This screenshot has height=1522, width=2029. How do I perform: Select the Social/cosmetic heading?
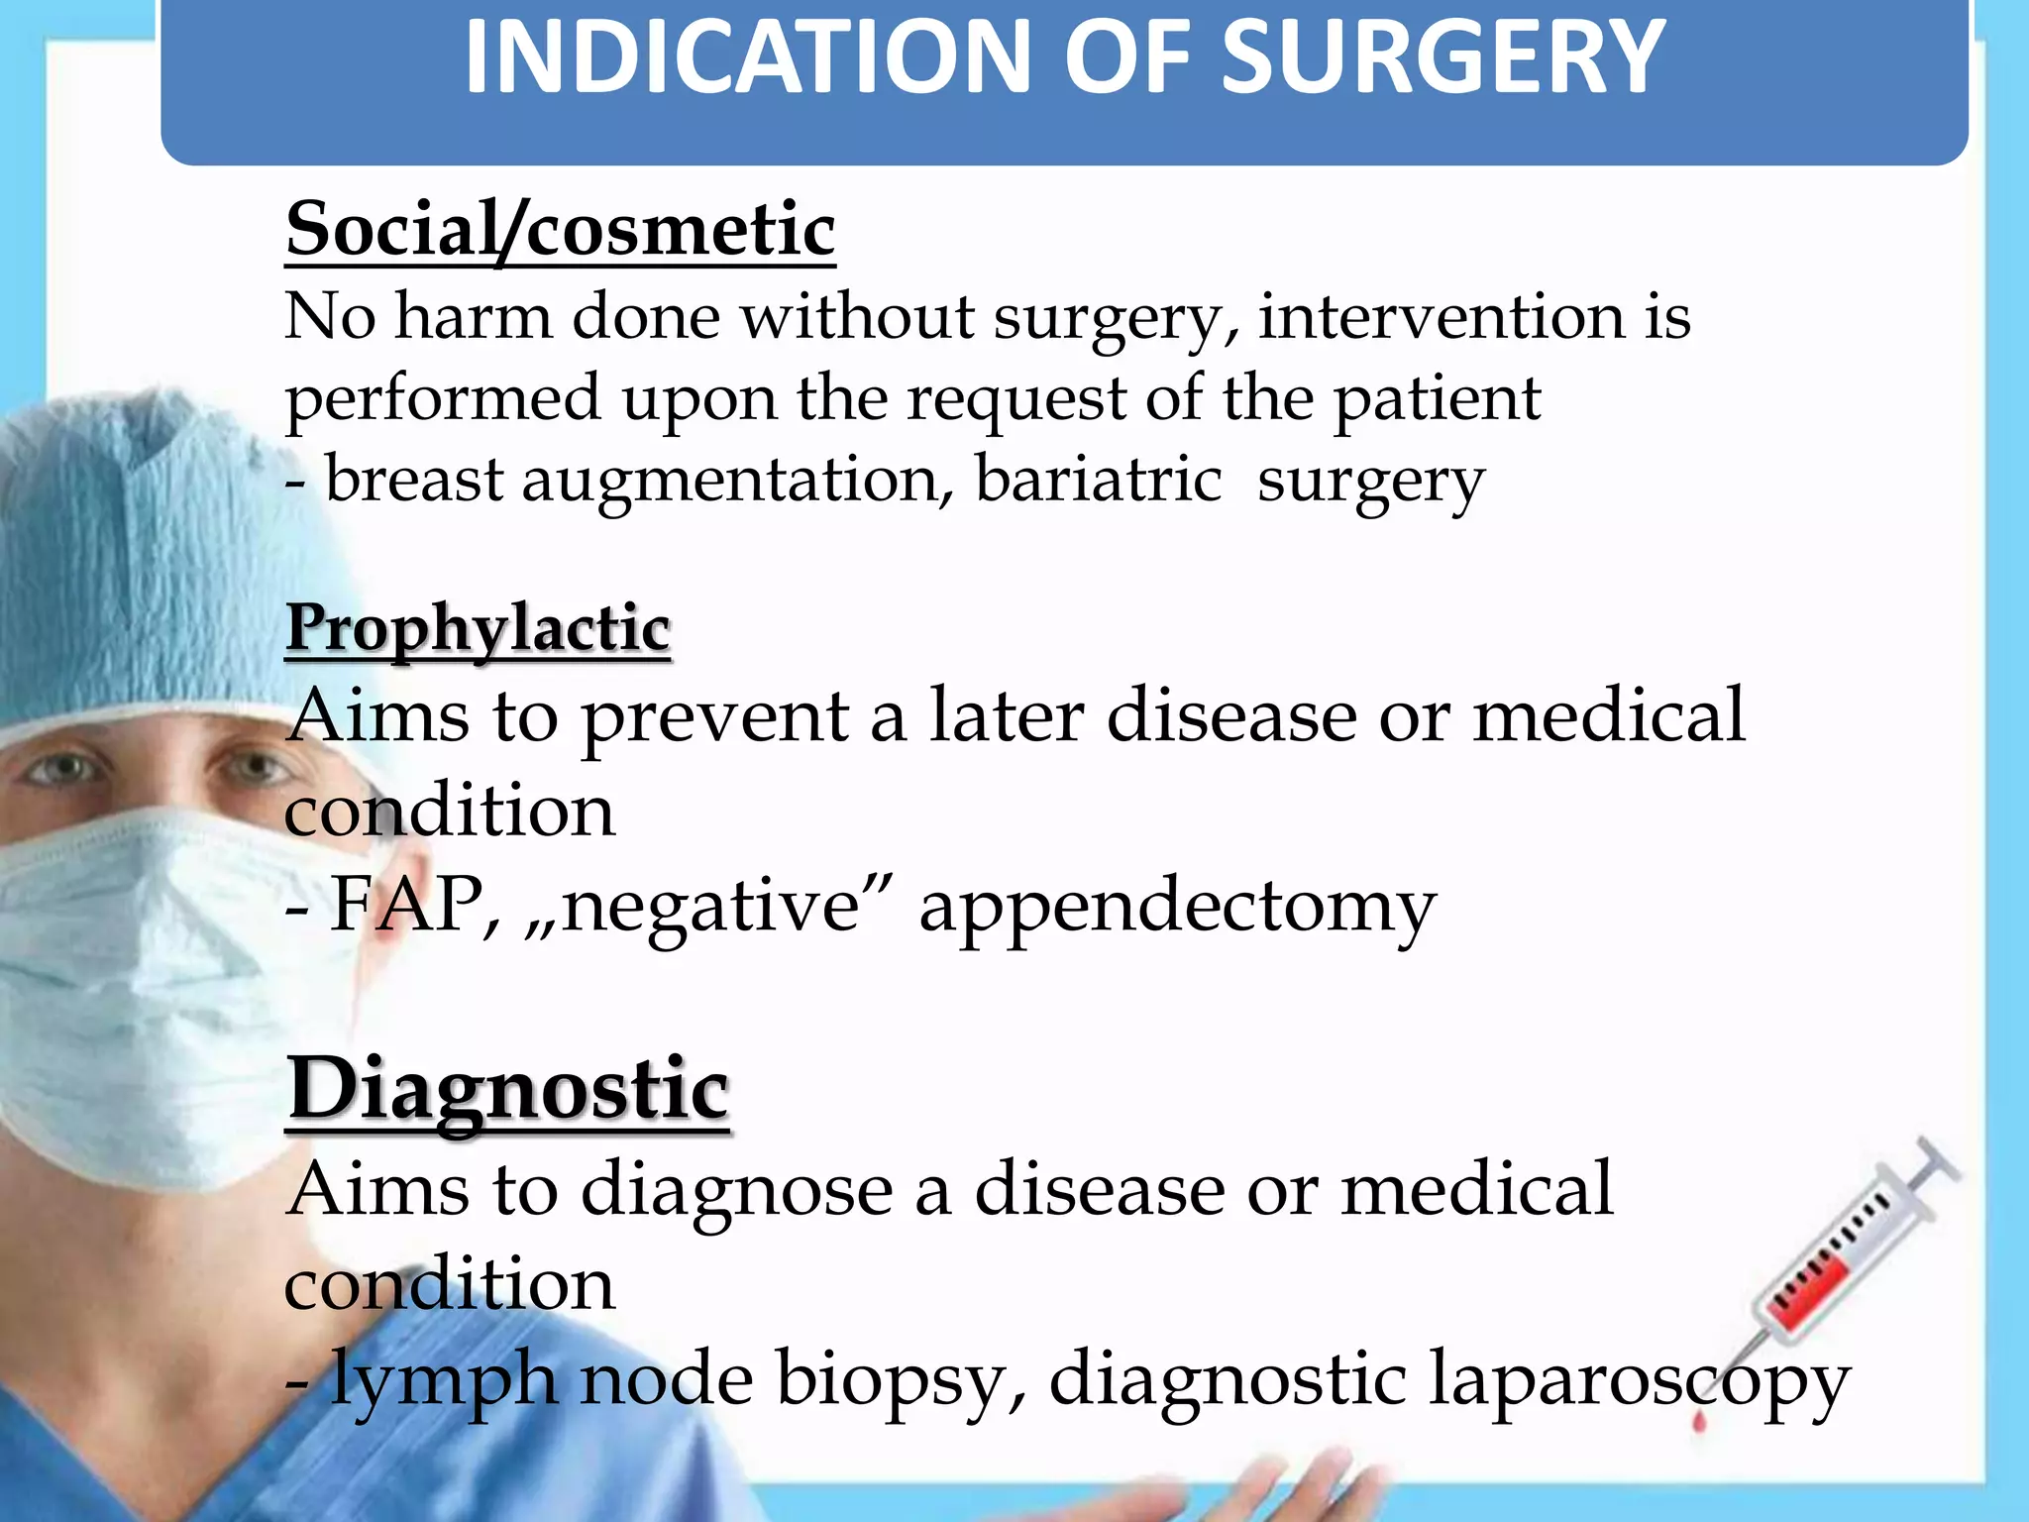click(x=561, y=230)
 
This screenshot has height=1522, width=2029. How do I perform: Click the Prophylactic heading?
click(x=479, y=628)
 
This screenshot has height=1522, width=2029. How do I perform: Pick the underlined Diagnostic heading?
click(x=508, y=1089)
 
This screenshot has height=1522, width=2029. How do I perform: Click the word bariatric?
click(x=1098, y=481)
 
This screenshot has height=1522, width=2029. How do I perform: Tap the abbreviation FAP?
click(x=407, y=904)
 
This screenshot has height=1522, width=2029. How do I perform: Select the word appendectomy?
click(x=1177, y=908)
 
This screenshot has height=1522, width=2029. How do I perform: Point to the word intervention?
click(x=1442, y=317)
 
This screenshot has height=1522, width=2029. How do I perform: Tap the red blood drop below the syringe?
click(x=1700, y=1424)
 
